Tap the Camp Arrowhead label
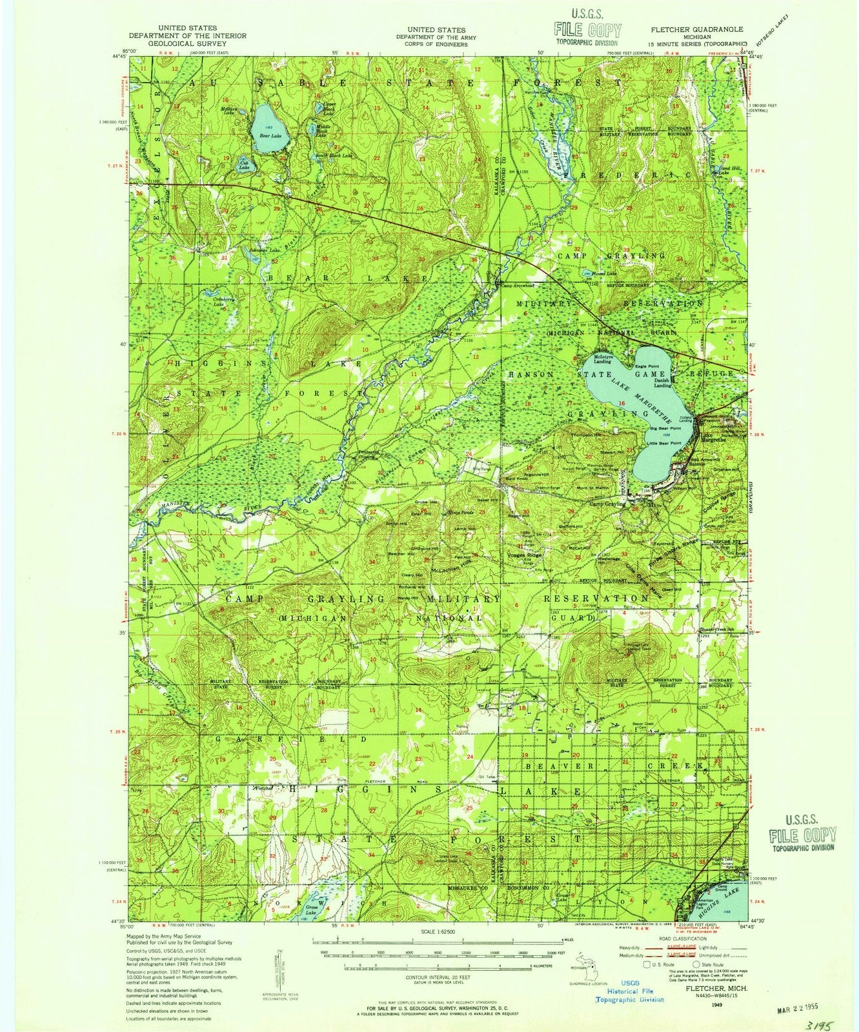point(519,287)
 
